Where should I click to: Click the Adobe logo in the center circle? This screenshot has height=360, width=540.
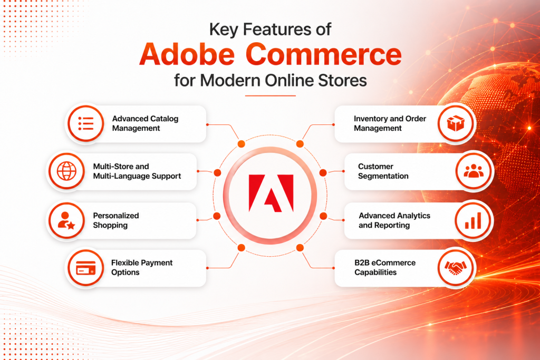(x=271, y=193)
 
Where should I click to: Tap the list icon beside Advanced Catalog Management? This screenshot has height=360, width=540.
(x=86, y=123)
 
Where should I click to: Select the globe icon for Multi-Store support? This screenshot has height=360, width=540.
(x=66, y=171)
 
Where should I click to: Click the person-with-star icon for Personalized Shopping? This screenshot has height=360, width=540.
(x=66, y=221)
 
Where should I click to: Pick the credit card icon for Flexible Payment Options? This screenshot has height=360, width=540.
(x=86, y=268)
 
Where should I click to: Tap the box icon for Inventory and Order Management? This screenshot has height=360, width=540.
(x=456, y=123)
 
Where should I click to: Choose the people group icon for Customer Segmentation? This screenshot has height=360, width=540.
(x=474, y=171)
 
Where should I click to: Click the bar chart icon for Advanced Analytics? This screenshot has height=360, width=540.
(x=473, y=220)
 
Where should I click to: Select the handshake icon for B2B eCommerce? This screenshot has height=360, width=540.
(x=456, y=268)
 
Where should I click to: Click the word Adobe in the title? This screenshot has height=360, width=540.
(x=187, y=54)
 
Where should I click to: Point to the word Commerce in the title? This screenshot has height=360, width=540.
(x=324, y=54)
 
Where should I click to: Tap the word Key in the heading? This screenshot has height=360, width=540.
(x=224, y=30)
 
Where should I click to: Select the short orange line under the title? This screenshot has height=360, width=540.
(x=271, y=96)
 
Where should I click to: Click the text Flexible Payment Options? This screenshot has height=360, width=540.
(x=141, y=267)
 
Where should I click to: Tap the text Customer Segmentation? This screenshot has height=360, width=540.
(x=383, y=171)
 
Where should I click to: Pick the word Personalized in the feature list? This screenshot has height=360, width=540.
(x=115, y=216)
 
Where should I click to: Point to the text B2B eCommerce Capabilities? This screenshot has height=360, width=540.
(x=384, y=267)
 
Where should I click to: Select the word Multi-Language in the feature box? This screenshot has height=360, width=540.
(x=120, y=176)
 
